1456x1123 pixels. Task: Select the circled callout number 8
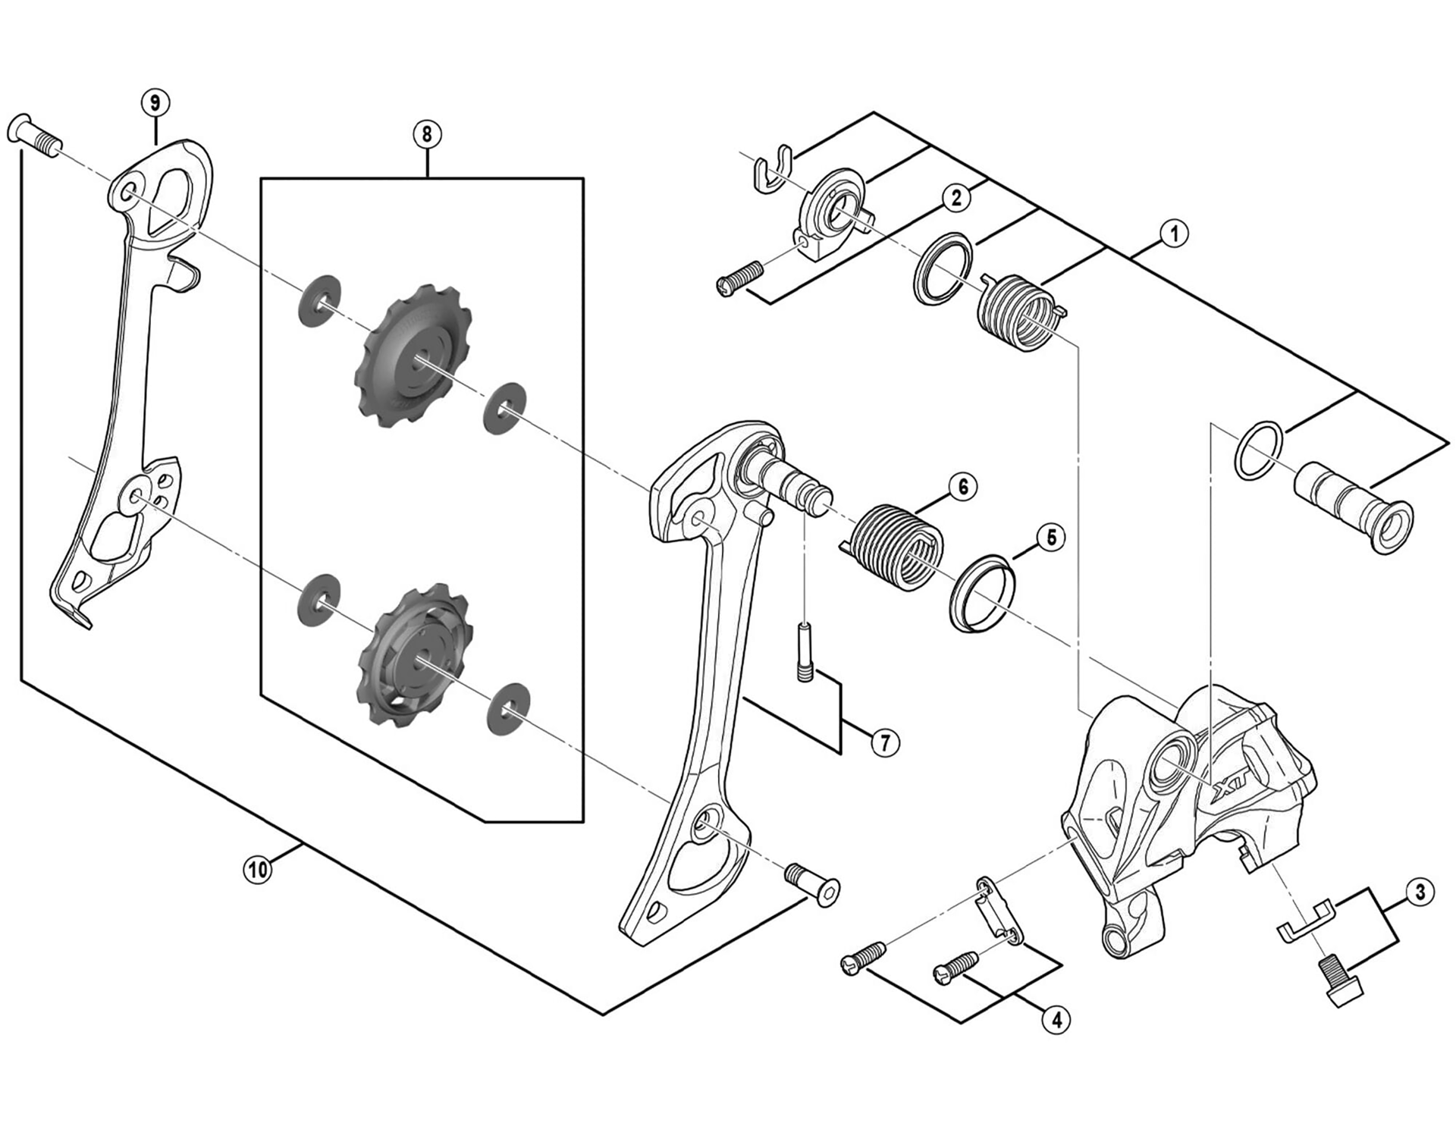click(427, 134)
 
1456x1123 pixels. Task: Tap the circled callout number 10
click(258, 869)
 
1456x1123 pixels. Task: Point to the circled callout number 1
click(1174, 234)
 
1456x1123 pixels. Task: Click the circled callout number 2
click(956, 197)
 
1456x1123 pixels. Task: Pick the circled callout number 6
click(963, 486)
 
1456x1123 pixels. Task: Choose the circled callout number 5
click(1051, 537)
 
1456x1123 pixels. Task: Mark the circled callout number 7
click(885, 742)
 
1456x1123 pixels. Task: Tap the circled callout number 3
click(1420, 892)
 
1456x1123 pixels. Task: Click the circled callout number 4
click(1056, 1020)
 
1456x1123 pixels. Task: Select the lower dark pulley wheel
click(413, 654)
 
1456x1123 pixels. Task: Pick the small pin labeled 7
click(805, 651)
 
